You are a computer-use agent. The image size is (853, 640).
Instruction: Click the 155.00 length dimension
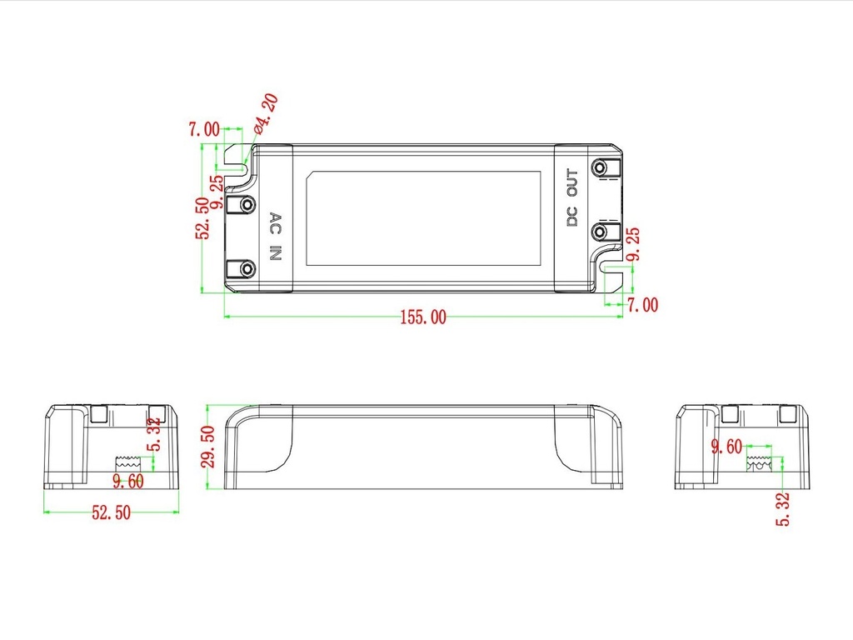[423, 317]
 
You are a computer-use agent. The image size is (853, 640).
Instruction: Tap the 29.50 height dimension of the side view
[207, 447]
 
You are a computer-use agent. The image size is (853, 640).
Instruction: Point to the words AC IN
[276, 236]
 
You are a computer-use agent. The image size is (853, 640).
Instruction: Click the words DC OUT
[572, 197]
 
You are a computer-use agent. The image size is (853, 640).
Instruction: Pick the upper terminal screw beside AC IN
[247, 205]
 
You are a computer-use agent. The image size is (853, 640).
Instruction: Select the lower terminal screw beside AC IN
[247, 269]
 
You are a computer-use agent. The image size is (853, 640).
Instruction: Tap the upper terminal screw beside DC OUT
[600, 167]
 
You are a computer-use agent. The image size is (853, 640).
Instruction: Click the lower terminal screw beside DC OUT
[600, 232]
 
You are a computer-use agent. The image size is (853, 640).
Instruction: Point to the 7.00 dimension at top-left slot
[204, 129]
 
